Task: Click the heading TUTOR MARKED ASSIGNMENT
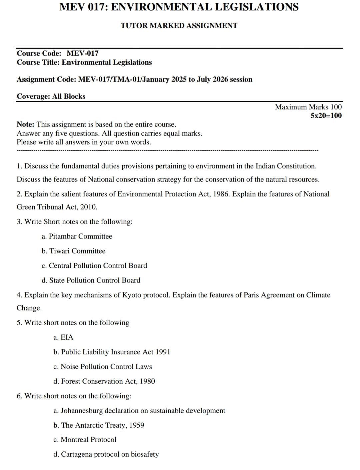coord(179,26)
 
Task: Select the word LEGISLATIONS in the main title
coord(257,7)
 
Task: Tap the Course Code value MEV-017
coord(83,53)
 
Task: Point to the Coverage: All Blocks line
coord(51,96)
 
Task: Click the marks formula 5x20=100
coord(326,116)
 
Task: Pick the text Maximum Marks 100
coord(308,107)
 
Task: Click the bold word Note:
coord(26,124)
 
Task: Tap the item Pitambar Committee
coord(80,236)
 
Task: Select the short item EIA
coord(67,337)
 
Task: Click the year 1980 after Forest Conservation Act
coord(147,381)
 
